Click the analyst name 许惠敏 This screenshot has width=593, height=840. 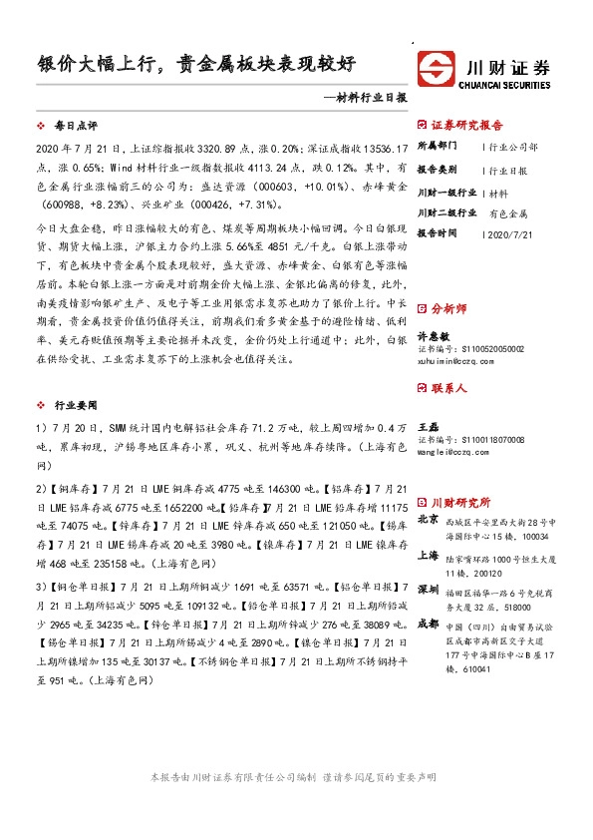(x=434, y=337)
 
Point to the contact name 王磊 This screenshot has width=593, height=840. (x=429, y=426)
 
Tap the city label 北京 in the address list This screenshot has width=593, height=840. (x=428, y=519)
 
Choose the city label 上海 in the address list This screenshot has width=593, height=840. (x=428, y=556)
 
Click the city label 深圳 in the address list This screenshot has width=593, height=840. (x=428, y=590)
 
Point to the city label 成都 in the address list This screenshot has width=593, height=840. (x=428, y=624)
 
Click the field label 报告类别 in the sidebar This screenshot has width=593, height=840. (x=437, y=169)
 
